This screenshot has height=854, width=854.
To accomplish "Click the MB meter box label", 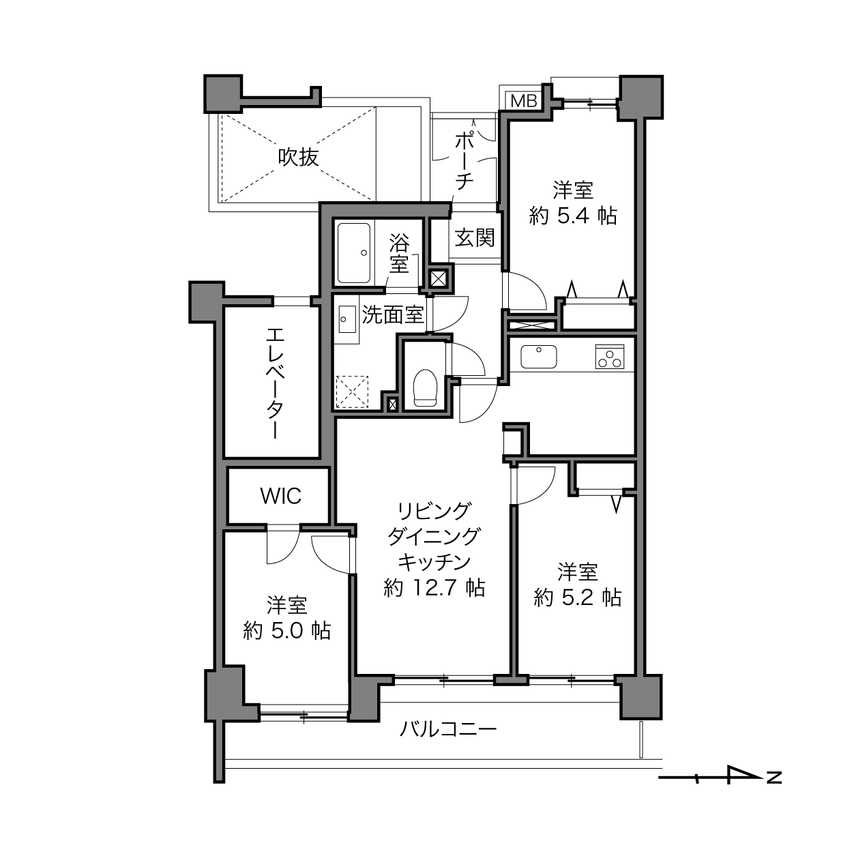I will pos(524,101).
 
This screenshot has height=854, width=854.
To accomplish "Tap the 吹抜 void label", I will pos(298,158).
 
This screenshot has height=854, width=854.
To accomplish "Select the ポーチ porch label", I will pos(464,161).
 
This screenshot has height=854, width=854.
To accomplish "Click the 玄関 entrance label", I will pos(475,239).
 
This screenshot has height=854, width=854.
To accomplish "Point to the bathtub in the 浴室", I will pos(353,252).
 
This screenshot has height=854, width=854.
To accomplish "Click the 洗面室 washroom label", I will pos(393,314).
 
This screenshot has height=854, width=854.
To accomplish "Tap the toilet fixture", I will pos(425,387).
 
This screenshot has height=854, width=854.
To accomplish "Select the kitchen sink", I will pos(538,356).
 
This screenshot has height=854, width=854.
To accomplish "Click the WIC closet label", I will pos(280,496).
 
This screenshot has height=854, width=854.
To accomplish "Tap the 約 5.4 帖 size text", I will pos(573,216).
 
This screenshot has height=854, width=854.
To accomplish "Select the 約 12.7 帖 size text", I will pos(435,587).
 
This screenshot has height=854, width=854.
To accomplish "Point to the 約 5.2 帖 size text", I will pos(577,598).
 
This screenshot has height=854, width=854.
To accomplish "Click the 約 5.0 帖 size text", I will pos(286,630).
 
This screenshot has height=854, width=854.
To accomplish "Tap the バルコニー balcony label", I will pos(447,730).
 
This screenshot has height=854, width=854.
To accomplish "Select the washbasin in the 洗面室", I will pos(345,317).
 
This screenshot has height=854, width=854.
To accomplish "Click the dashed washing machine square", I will pos(353,391).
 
